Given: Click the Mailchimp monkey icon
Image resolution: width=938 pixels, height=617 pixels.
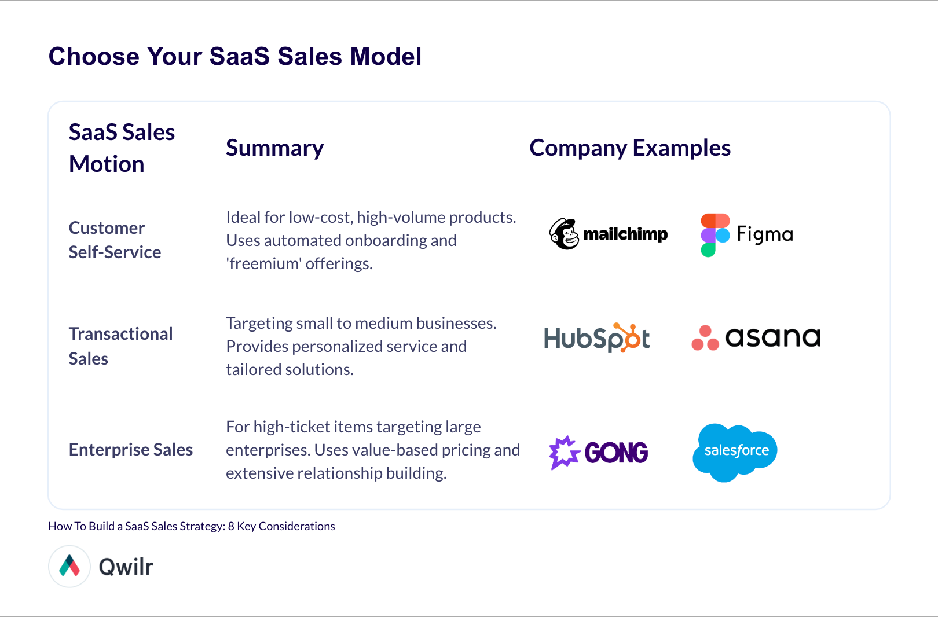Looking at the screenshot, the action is coord(564,234).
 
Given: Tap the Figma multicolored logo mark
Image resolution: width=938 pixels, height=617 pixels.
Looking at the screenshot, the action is coord(715,234).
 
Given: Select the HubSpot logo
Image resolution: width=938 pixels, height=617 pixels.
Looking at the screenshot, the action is coord(596,338).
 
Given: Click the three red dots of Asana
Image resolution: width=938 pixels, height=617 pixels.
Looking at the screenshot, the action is coord(705,338).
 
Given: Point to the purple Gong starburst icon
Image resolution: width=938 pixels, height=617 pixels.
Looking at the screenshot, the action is coord(564,452).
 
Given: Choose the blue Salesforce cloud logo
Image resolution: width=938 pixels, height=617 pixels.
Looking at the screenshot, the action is coord(735,452).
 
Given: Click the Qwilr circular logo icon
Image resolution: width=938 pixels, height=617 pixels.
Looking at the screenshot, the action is coord(69,566).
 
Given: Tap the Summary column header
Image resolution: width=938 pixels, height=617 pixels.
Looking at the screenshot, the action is coord(274,148).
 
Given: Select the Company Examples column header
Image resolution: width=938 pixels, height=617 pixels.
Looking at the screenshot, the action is coord(629,148).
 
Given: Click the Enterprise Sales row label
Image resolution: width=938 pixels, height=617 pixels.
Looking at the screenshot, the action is coord(131,450).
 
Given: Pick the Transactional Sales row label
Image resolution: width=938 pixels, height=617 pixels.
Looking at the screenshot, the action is coord(120,346).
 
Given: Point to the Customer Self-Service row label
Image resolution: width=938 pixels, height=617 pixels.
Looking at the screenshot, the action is coord(115,240).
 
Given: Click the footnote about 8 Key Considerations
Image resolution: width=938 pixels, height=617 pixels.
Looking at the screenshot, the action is coord(191,526).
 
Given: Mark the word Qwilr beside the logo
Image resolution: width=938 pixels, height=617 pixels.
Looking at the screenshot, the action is coord(126,567).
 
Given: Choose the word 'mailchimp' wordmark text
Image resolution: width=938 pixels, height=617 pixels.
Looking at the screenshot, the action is coord(625,234).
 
